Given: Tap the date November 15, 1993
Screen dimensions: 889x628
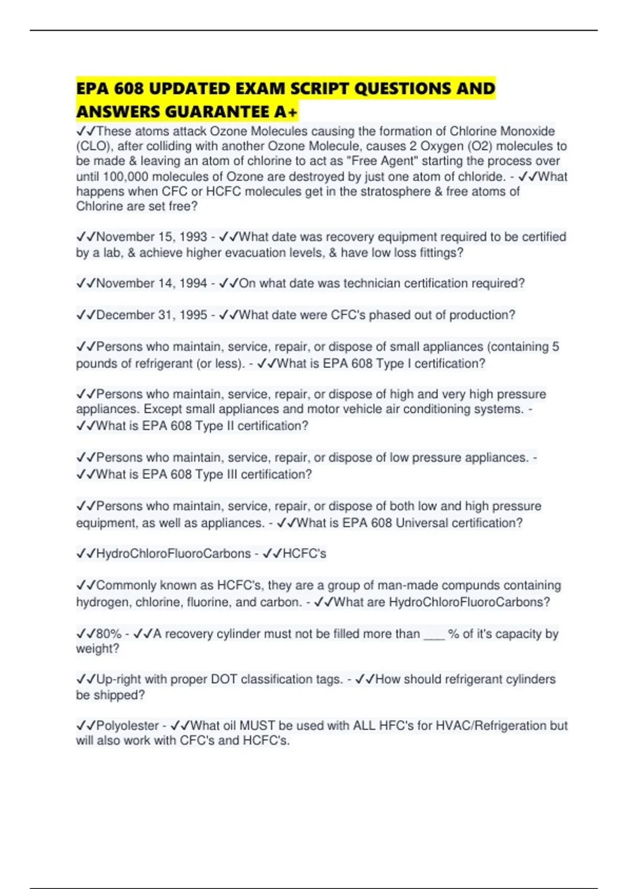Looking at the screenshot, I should [152, 237].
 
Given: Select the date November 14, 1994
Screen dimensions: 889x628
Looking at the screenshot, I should [152, 283].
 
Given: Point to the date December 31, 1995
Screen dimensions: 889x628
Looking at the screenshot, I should [152, 315].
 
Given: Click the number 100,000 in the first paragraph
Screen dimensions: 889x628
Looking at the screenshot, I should [126, 177].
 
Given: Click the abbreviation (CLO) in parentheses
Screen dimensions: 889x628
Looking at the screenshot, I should [93, 146].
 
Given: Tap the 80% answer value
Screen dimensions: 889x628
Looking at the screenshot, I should [109, 634].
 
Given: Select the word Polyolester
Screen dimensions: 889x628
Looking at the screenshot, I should [127, 725].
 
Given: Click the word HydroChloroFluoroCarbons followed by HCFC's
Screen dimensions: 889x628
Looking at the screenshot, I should [173, 553].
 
